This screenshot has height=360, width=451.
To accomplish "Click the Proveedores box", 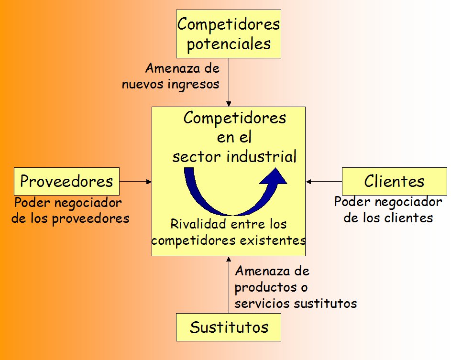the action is pyautogui.click(x=67, y=182).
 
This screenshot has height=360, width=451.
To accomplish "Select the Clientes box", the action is pyautogui.click(x=395, y=182).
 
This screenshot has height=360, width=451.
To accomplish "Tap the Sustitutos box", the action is pyautogui.click(x=229, y=327).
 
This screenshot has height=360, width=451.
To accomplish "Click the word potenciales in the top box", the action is pyautogui.click(x=229, y=44).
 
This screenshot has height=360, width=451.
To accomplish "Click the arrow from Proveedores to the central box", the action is pyautogui.click(x=136, y=182).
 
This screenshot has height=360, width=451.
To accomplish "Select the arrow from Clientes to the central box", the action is pyautogui.click(x=324, y=182).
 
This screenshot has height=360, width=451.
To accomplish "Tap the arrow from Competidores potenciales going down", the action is pyautogui.click(x=229, y=83).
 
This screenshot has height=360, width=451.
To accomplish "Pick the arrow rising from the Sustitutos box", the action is pyautogui.click(x=229, y=285).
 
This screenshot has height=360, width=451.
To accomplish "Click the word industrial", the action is pyautogui.click(x=262, y=157).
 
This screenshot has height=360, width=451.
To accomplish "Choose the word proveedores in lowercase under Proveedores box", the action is pyautogui.click(x=90, y=218).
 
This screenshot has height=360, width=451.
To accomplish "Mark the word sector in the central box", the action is pyautogui.click(x=197, y=157).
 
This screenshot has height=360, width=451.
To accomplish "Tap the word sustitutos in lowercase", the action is pyautogui.click(x=326, y=304).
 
